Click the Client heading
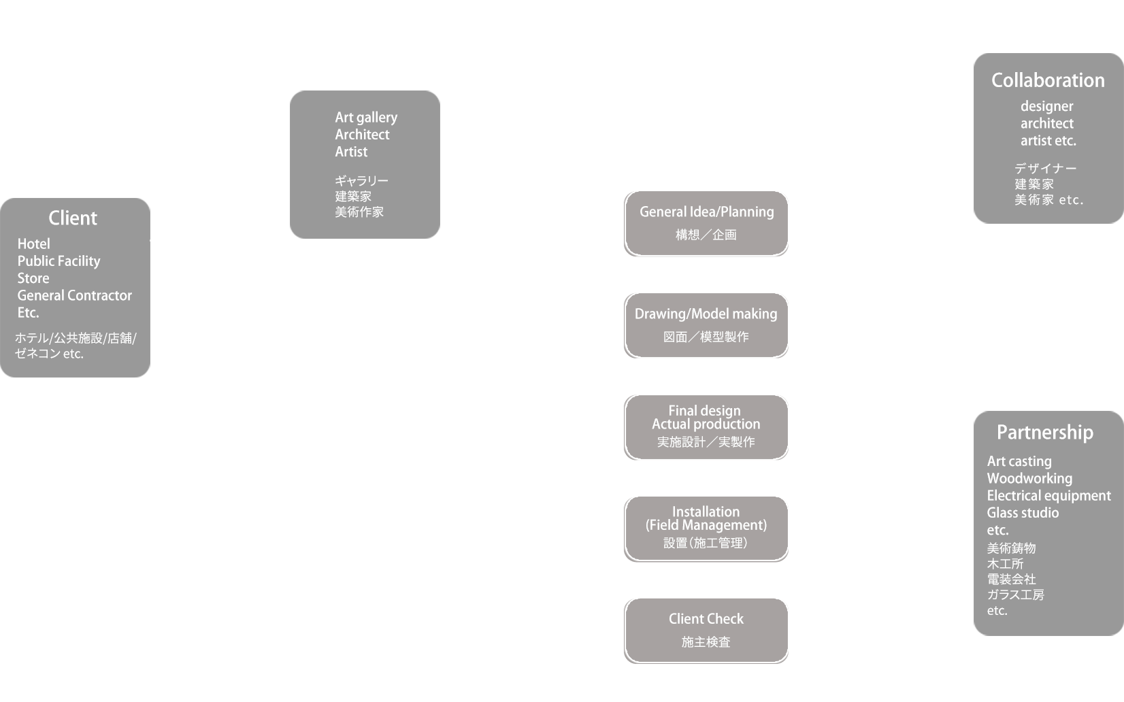tap(73, 218)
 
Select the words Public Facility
tap(59, 261)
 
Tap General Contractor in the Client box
tap(74, 295)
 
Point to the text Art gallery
tap(366, 118)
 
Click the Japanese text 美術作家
tap(359, 212)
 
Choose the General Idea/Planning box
tap(706, 223)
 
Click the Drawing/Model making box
tap(706, 325)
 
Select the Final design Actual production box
tap(706, 427)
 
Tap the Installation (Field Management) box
tap(706, 529)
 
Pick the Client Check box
tap(706, 630)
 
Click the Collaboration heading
tap(1048, 80)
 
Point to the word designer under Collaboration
tap(1046, 106)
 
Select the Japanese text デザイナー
tap(1045, 168)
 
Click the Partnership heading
tap(1044, 433)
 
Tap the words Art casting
tap(1019, 461)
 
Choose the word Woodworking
tap(1029, 478)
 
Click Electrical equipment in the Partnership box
tap(1048, 496)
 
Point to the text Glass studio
tap(1023, 513)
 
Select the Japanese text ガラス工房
tap(1015, 595)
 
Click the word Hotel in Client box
tap(33, 244)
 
